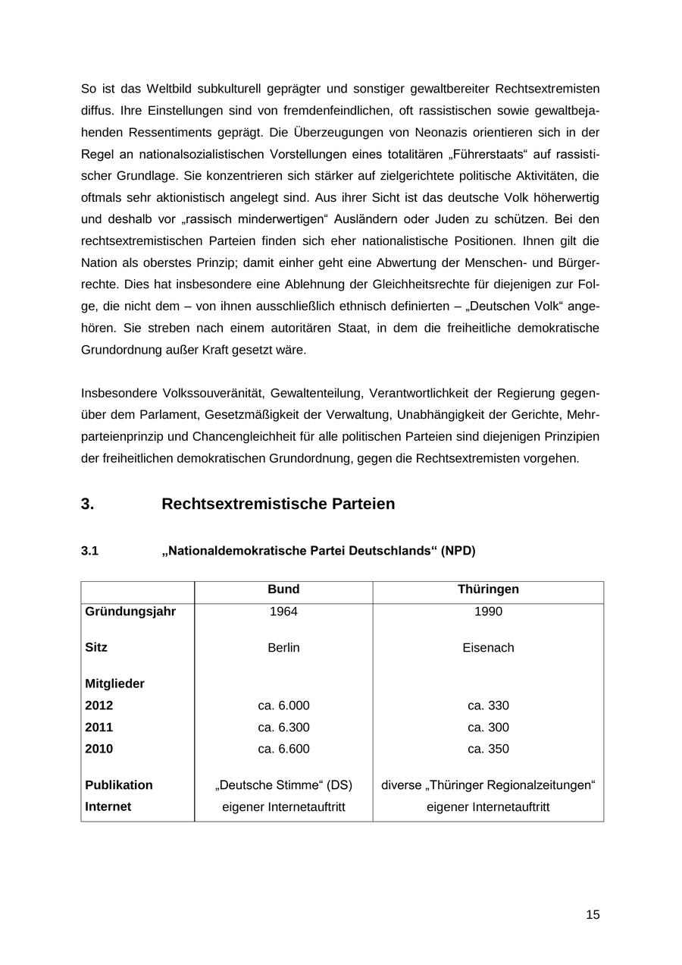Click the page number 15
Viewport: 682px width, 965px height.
point(593,914)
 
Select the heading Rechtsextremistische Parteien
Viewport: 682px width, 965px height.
point(278,504)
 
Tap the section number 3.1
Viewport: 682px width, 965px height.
point(89,551)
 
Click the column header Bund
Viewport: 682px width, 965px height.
point(283,589)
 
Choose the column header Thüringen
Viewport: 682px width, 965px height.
point(488,589)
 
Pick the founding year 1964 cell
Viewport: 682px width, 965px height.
point(283,611)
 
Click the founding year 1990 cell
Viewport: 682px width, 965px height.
point(488,611)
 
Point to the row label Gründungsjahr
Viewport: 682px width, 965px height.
point(130,611)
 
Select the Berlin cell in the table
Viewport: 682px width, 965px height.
point(283,648)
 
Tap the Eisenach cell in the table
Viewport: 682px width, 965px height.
point(488,648)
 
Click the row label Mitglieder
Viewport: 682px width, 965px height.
point(114,684)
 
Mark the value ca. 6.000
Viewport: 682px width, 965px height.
point(283,706)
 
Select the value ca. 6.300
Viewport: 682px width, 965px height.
point(283,728)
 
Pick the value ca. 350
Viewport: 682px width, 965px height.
point(488,749)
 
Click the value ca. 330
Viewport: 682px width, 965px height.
point(488,706)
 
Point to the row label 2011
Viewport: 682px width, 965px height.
point(99,728)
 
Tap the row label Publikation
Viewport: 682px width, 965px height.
point(119,785)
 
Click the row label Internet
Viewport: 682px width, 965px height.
point(108,806)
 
